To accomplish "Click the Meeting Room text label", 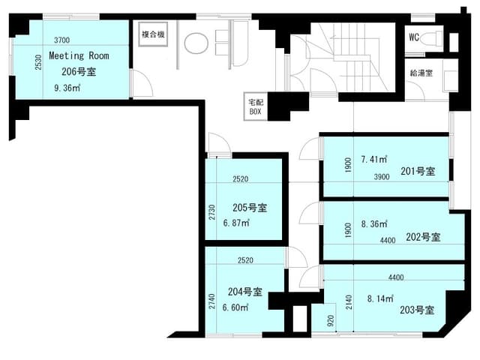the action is tap(79, 55).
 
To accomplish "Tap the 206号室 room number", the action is tap(79, 72).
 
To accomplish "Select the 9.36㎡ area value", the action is tap(67, 88).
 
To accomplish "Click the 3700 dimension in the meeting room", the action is tap(61, 40).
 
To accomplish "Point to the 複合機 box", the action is tap(153, 34).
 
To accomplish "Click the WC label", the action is tap(414, 37).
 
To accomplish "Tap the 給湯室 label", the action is tap(421, 73).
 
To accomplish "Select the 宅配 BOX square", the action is tap(255, 106).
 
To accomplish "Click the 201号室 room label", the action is tap(418, 171).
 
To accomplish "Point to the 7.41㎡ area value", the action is tap(374, 159).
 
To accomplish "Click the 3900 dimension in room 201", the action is tap(382, 177).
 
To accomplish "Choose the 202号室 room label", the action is tap(423, 237).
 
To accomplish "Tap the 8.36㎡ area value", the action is tap(374, 224).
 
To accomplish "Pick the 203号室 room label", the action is tap(417, 310).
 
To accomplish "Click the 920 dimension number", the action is tap(331, 321).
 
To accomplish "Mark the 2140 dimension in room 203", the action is tap(349, 302).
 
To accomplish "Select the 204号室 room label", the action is tap(245, 292).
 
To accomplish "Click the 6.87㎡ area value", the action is tap(236, 223).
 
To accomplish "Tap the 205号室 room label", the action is tap(250, 208).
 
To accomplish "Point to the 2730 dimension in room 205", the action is tap(212, 212).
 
